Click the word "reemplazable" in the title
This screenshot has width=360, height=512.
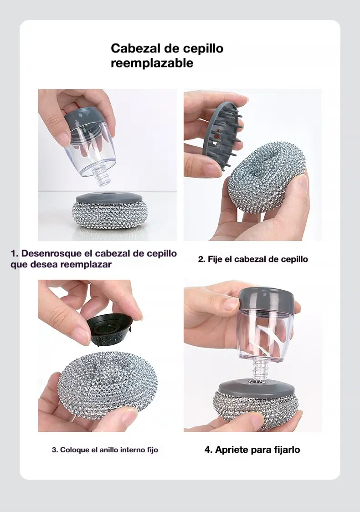(x=152, y=63)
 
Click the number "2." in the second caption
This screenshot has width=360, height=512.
(x=201, y=260)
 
